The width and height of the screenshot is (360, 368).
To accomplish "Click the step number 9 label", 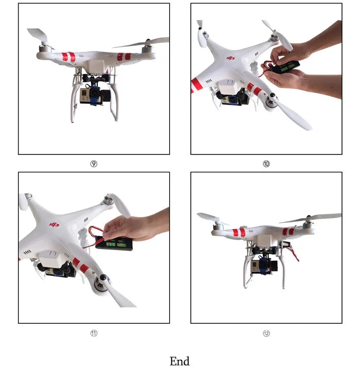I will pyautogui.click(x=94, y=164).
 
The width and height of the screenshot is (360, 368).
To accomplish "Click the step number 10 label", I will pyautogui.click(x=266, y=164).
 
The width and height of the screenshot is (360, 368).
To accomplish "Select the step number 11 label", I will pyautogui.click(x=94, y=334).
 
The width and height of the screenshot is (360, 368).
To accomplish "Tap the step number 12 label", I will pyautogui.click(x=266, y=334).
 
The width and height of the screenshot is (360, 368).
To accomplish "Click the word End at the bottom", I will pyautogui.click(x=179, y=361).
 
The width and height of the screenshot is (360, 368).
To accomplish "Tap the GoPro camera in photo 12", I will pyautogui.click(x=257, y=266).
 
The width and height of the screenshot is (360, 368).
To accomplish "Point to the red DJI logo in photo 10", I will pyautogui.click(x=231, y=58).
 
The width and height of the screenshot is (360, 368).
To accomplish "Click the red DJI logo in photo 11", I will pyautogui.click(x=54, y=224).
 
